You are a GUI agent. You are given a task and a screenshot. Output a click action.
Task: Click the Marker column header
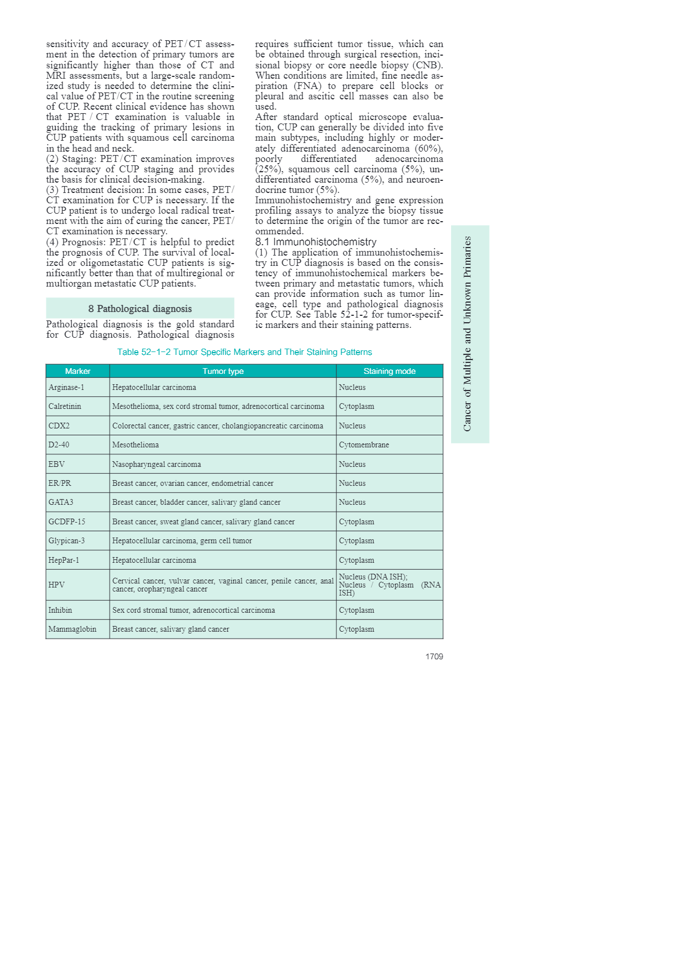77,371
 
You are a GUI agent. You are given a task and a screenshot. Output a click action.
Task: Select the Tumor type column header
223,371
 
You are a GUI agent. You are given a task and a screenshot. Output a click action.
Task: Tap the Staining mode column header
389,371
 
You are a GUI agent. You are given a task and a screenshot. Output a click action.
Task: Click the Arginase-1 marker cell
67,387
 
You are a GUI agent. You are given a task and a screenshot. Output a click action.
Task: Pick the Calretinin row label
65,406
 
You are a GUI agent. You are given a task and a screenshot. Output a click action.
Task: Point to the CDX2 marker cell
59,426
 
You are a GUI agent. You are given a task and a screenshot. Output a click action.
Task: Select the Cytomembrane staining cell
364,445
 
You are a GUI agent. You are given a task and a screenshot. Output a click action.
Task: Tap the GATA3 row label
61,502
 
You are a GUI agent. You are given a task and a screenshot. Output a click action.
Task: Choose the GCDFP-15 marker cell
67,521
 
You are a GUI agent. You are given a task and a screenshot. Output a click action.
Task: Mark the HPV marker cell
57,585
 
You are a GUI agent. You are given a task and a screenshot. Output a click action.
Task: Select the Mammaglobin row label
72,629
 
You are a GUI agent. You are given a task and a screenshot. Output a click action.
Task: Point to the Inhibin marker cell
60,610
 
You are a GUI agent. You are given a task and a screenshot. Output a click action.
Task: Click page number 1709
434,656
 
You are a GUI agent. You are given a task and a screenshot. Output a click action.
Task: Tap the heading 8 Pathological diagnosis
140,308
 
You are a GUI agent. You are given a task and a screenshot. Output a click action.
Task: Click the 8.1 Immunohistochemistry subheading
316,242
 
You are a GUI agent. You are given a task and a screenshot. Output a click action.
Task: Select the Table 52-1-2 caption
244,352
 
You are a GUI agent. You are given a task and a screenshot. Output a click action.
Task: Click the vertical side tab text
468,334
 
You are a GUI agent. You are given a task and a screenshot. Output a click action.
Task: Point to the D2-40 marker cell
59,445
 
